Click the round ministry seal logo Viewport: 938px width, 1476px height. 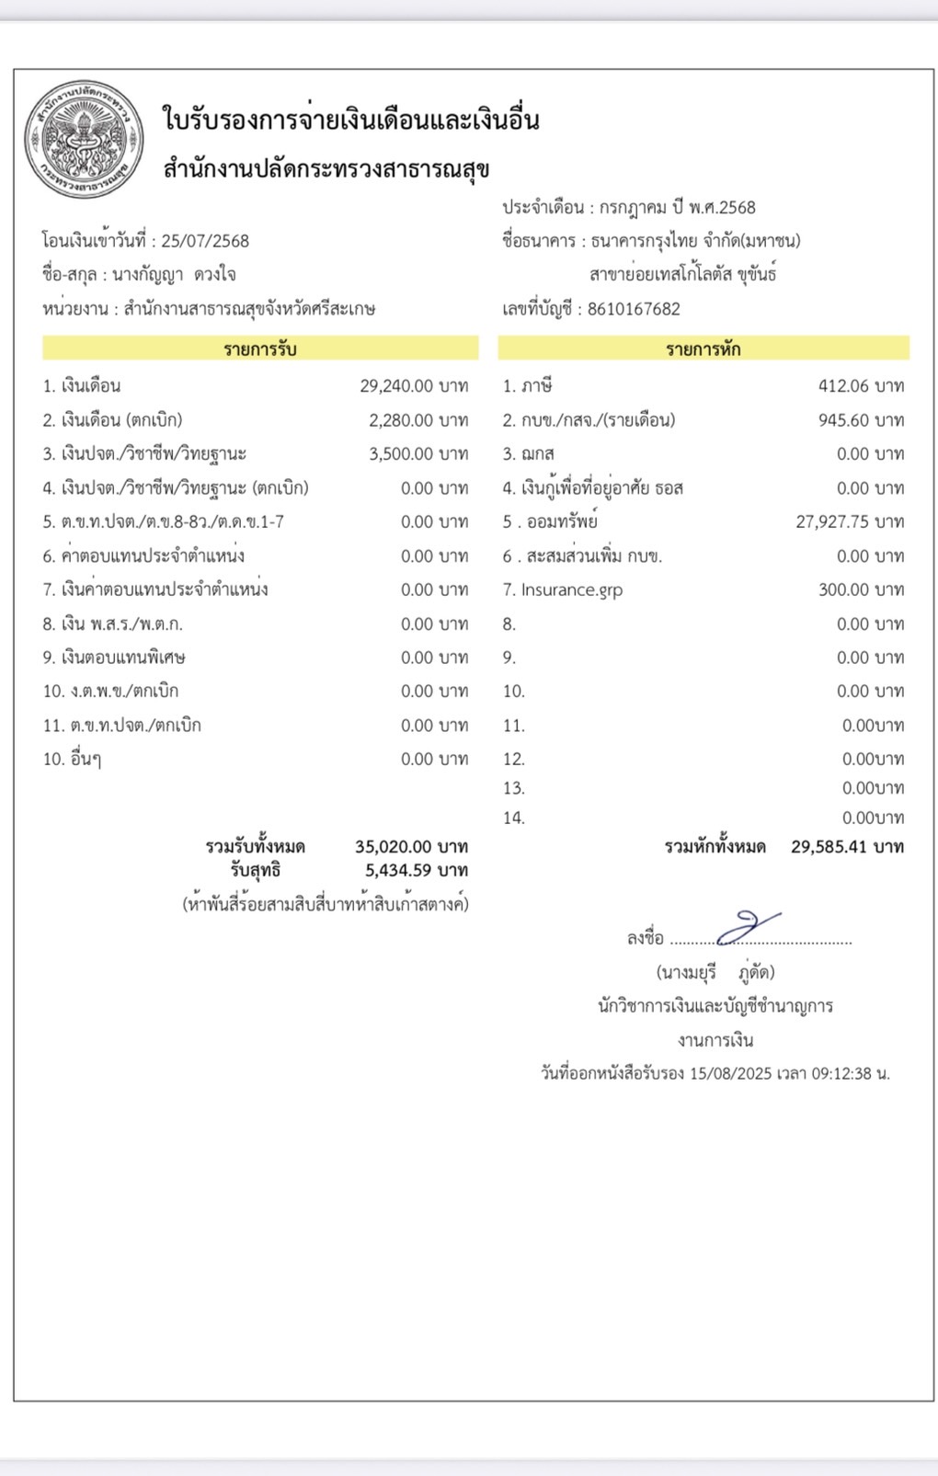(x=84, y=139)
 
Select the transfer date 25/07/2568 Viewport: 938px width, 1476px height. (x=205, y=241)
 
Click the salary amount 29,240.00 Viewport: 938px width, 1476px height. (x=396, y=386)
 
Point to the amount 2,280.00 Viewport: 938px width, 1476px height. (x=401, y=420)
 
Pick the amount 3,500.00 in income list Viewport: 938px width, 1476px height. (x=401, y=454)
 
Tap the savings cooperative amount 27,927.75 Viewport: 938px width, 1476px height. (x=832, y=522)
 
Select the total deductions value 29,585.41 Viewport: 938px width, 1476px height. (x=829, y=846)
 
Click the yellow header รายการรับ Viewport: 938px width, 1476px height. (x=260, y=349)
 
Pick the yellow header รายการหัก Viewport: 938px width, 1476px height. (x=703, y=349)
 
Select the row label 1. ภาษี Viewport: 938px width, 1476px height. (x=527, y=386)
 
